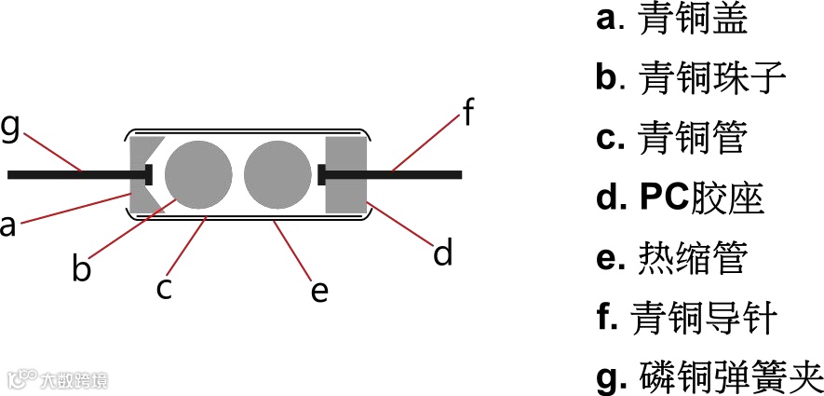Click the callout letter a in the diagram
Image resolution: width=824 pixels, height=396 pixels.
8,225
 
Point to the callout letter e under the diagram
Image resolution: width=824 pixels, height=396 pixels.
319,291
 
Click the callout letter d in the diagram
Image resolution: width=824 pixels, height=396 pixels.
443,252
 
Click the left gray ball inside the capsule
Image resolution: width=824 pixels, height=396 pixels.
198,174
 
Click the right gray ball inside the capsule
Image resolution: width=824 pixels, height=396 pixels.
277,174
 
